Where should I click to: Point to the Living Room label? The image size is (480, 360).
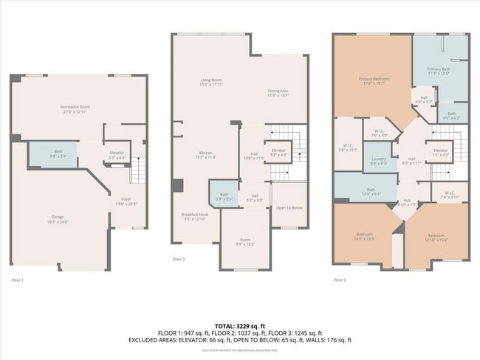(x=212, y=81)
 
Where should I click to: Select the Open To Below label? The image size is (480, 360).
(x=290, y=207)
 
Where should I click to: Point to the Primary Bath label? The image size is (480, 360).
(x=439, y=71)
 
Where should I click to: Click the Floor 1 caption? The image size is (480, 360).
(x=18, y=280)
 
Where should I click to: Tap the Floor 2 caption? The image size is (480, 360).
(x=179, y=260)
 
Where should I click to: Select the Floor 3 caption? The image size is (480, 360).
(x=340, y=280)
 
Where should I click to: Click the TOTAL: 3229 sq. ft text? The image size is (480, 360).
(x=240, y=325)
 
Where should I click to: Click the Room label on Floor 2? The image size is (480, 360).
(x=244, y=241)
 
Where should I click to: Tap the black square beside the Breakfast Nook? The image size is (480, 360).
(x=177, y=185)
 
